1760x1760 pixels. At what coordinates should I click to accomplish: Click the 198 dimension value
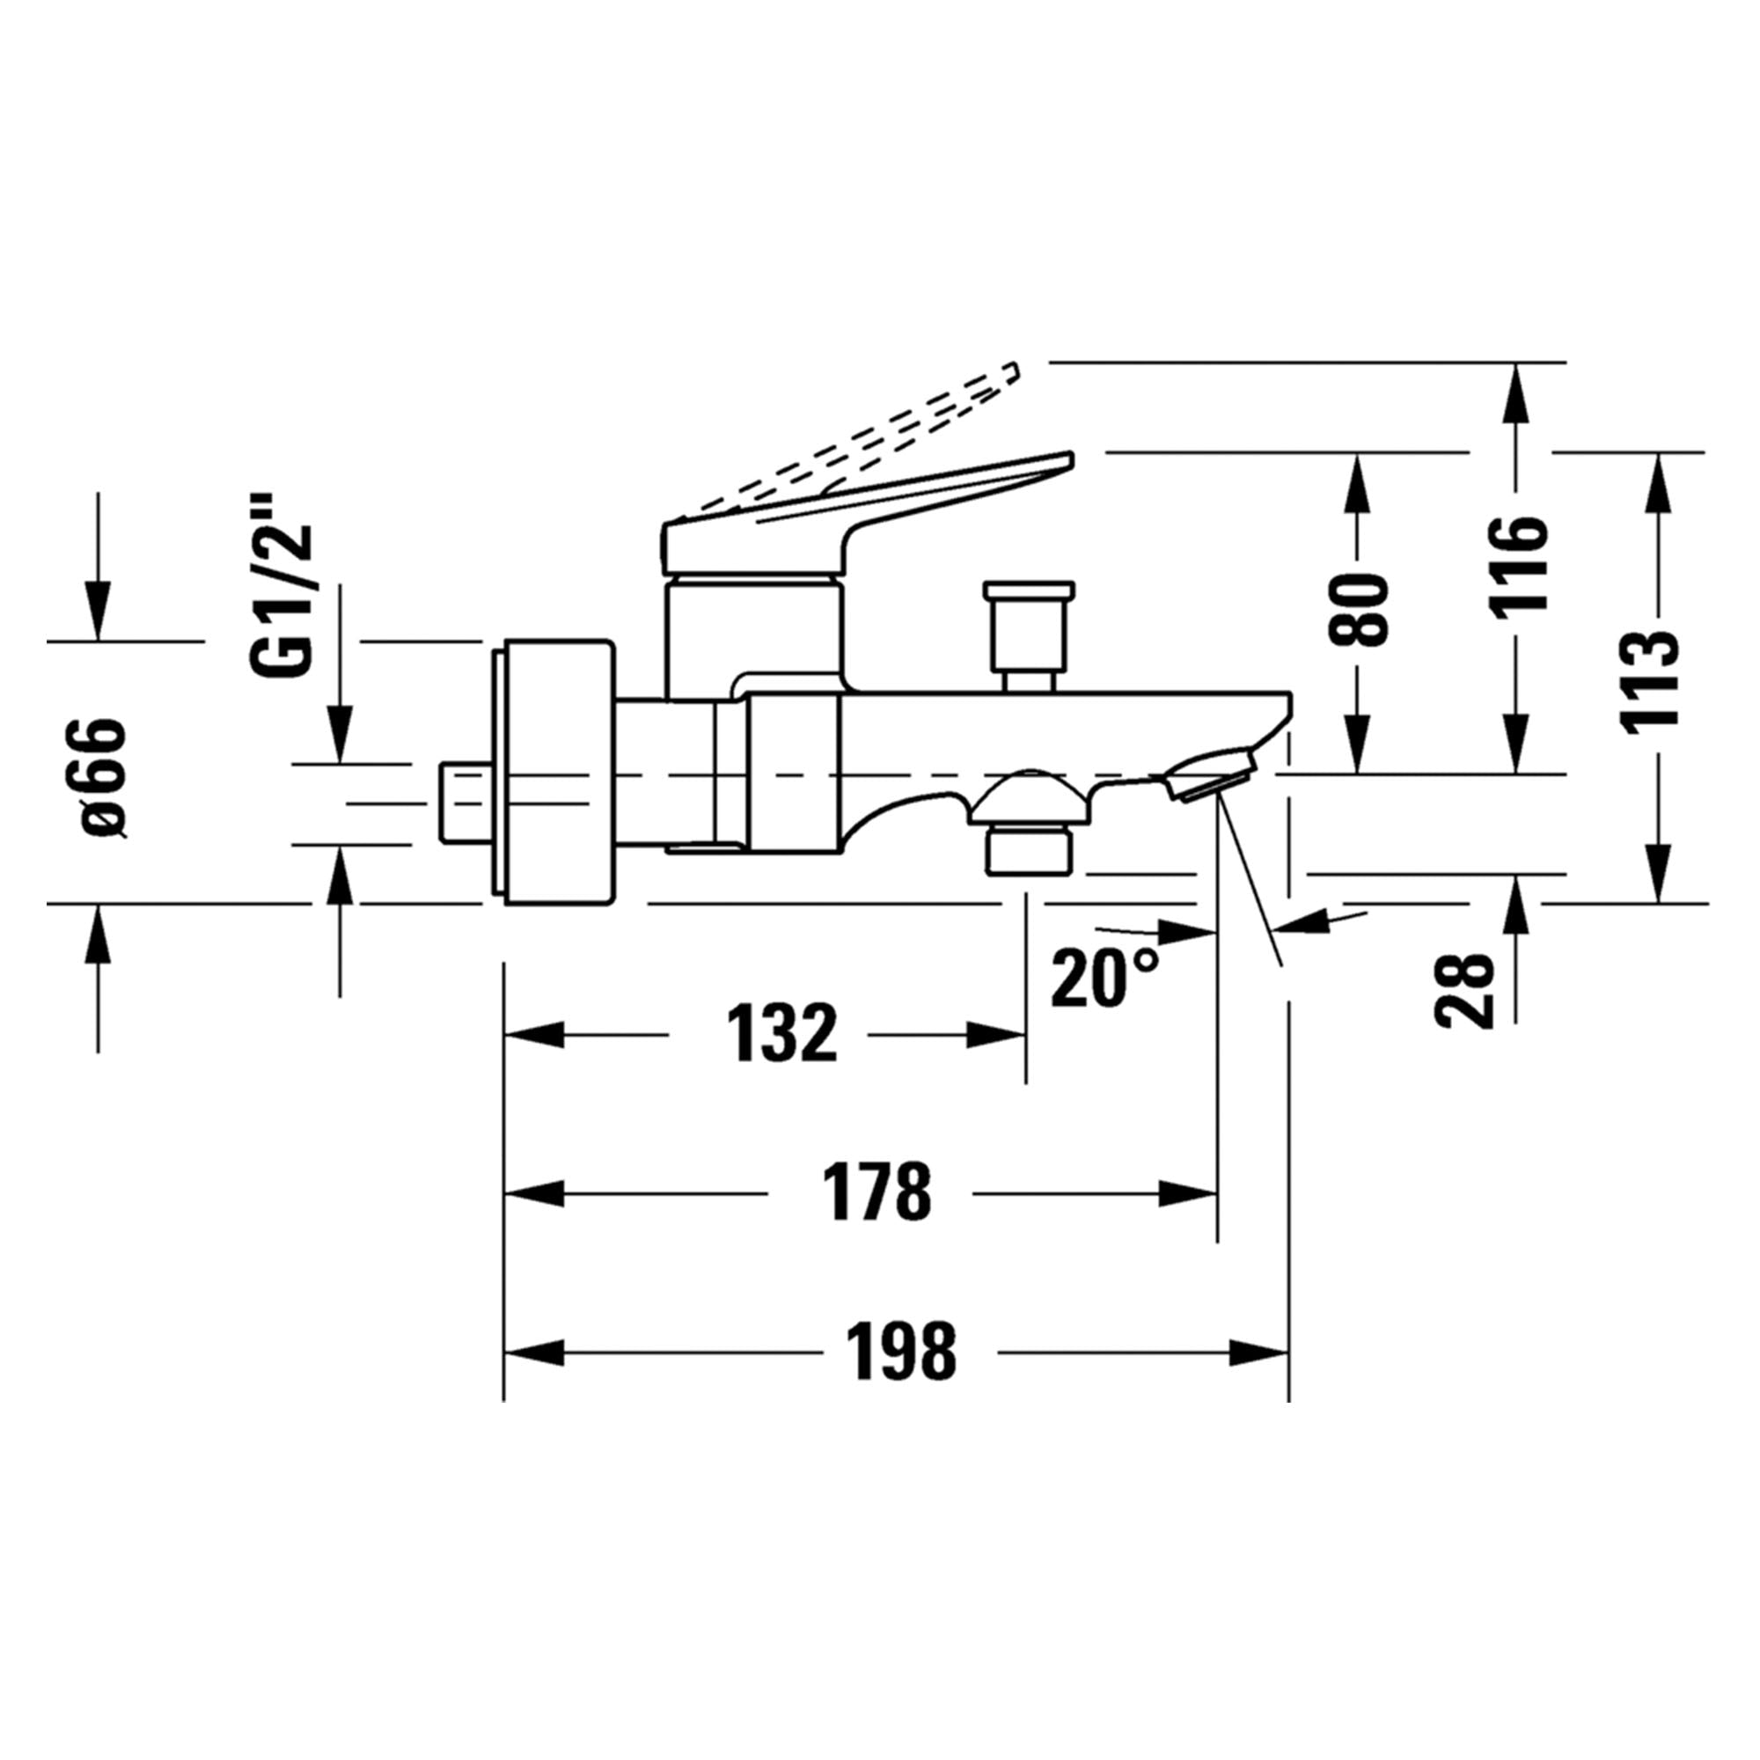[901, 1352]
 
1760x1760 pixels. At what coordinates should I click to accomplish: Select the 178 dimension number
[876, 1192]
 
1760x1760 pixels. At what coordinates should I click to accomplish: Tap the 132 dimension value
[781, 1034]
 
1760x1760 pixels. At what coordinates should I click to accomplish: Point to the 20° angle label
[1104, 978]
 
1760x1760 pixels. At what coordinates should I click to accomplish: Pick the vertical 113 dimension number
[1650, 678]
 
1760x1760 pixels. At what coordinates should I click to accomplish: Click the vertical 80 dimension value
[1357, 612]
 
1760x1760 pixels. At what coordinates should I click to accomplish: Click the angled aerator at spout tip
[1210, 775]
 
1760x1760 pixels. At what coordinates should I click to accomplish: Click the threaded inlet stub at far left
[463, 803]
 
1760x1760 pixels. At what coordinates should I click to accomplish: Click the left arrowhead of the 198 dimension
[534, 1352]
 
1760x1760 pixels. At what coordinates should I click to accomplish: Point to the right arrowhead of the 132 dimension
[998, 1035]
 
